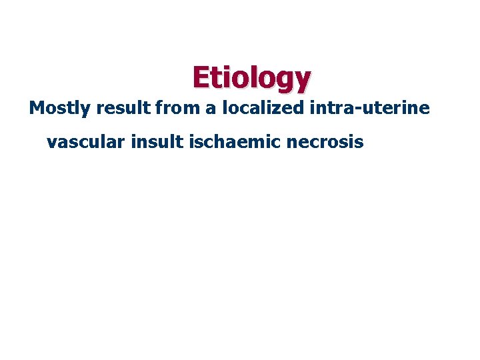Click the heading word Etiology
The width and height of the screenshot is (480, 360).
point(251,78)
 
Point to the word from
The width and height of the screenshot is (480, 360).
point(176,108)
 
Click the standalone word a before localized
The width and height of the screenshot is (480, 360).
point(210,109)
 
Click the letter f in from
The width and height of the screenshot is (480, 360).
point(158,108)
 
